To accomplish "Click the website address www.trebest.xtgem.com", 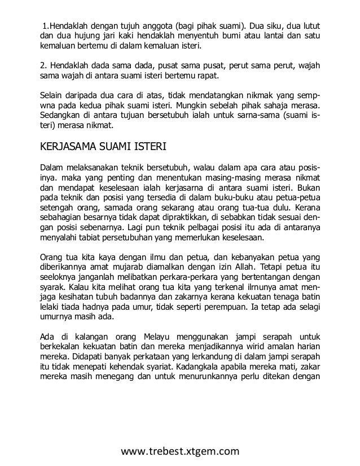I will coord(181,450).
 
